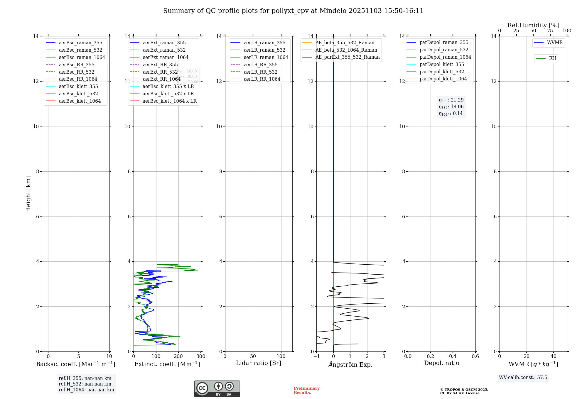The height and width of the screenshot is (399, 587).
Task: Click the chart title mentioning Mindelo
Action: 293,11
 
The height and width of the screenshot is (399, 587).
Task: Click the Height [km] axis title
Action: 28,194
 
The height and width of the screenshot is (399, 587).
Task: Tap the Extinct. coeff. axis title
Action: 167,364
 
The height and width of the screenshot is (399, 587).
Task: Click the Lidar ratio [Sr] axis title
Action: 259,363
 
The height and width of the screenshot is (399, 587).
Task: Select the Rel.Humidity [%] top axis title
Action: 533,25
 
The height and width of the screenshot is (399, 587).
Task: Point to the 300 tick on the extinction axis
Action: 201,356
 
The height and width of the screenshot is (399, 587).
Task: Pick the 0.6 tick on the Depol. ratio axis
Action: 475,356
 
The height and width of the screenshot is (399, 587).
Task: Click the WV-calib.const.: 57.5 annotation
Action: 523,378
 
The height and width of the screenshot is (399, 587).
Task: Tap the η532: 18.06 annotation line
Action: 451,107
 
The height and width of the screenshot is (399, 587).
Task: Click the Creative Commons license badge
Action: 217,388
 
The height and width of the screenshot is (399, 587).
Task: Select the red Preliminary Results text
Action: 306,390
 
